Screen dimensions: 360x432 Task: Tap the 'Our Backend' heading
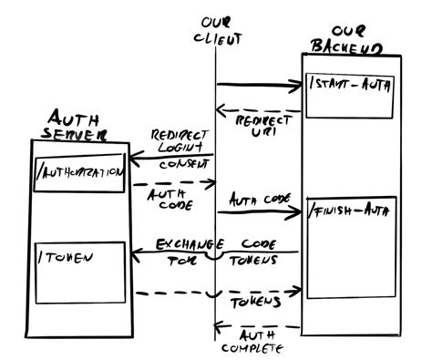(345, 38)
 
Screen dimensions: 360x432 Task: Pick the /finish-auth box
(349, 247)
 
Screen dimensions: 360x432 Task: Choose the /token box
(78, 272)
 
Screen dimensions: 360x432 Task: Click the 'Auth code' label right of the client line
(253, 199)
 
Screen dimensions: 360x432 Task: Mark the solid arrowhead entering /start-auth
(296, 87)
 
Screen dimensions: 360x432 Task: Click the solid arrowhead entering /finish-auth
(296, 212)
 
